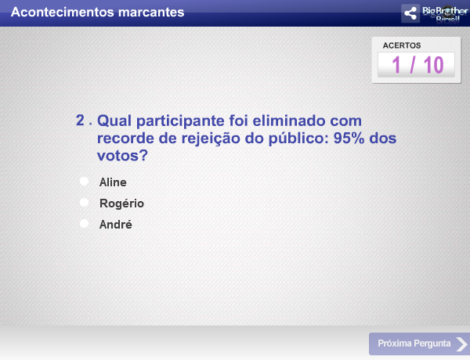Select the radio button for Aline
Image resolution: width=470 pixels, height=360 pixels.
[84, 182]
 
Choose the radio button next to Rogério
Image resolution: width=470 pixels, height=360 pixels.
[84, 203]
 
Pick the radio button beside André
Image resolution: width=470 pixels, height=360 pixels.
[84, 225]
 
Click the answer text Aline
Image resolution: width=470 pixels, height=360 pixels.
[113, 182]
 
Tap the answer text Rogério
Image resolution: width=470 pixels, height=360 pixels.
[121, 203]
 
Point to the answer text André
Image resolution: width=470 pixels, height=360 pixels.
[116, 225]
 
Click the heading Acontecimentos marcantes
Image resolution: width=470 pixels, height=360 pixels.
[99, 13]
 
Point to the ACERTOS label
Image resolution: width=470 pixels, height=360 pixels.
[402, 45]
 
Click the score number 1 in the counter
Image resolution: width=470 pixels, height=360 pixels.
[397, 65]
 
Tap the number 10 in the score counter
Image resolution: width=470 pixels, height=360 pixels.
[433, 65]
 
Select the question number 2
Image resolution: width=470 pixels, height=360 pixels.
[80, 121]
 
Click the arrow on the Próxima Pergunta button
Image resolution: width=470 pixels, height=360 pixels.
[462, 344]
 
